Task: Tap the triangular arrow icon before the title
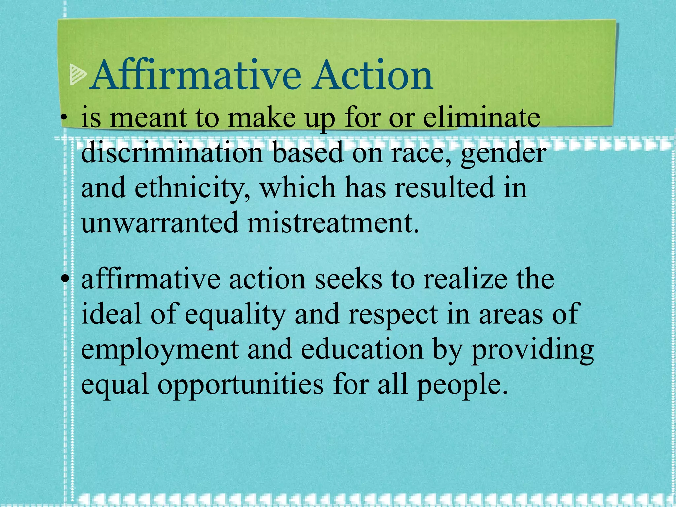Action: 78,75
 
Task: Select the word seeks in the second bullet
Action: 348,279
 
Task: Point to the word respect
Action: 393,316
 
